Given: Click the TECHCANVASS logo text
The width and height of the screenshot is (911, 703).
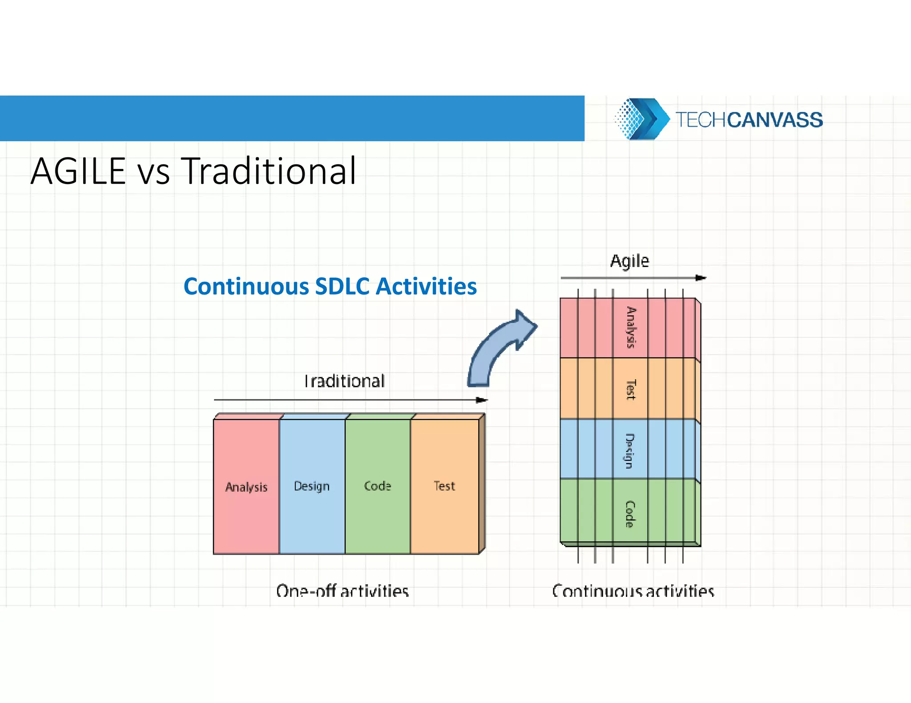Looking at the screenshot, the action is tap(749, 120).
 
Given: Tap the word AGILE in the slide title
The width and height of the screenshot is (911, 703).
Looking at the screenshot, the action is tap(78, 171).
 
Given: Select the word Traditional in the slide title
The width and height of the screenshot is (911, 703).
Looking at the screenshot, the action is tap(269, 171).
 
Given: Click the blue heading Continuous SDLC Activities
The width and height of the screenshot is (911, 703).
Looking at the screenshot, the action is tap(330, 286).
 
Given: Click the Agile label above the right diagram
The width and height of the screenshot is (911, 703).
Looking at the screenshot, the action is tap(629, 261).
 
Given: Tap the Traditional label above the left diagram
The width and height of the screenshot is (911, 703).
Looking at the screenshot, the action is tap(344, 381).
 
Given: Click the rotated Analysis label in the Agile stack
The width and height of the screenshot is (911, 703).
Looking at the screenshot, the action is tap(631, 328).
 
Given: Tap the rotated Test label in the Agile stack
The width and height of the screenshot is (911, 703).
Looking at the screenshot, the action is tap(631, 389).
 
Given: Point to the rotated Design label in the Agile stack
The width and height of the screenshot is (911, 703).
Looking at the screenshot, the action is tap(630, 451).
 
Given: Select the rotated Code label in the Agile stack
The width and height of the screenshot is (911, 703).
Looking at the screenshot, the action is tap(630, 514).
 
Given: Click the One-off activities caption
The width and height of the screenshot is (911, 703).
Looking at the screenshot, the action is tap(342, 591).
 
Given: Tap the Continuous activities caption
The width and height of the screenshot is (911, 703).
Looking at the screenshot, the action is tap(633, 591).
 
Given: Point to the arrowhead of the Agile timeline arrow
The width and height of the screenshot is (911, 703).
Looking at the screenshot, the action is tap(701, 278).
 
